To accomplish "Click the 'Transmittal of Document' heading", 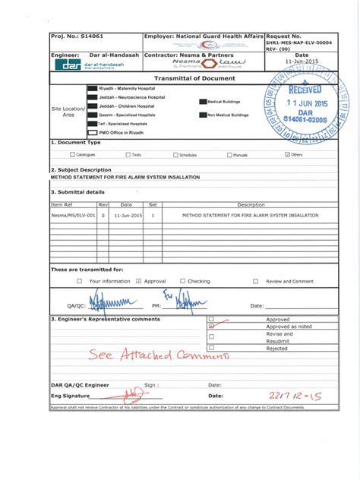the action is [x=194, y=79].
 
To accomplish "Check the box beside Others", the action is [x=286, y=155].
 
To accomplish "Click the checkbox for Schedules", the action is [x=175, y=155].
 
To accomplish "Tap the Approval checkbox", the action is [x=138, y=281].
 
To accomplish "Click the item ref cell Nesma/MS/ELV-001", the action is [x=73, y=216].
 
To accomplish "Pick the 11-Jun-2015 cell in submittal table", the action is [x=126, y=216].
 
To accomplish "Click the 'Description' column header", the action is [x=251, y=204].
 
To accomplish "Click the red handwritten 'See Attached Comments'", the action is [x=158, y=355].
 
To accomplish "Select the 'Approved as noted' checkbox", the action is [x=211, y=327].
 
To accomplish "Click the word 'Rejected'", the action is [x=277, y=349].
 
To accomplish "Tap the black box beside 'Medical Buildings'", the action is [x=202, y=101].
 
